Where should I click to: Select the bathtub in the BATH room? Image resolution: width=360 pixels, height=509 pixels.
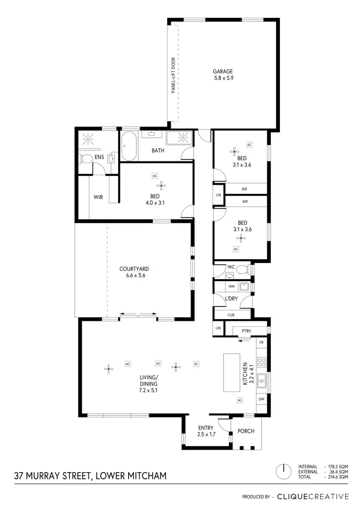pyautogui.click(x=129, y=147)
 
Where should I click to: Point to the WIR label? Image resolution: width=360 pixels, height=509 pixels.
pyautogui.click(x=98, y=197)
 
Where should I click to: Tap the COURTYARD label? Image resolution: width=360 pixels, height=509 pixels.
pyautogui.click(x=132, y=269)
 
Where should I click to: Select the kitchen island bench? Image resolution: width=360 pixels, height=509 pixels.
pyautogui.click(x=231, y=373)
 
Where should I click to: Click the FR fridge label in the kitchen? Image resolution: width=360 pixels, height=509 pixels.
pyautogui.click(x=262, y=343)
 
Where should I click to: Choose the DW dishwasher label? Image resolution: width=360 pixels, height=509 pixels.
pyautogui.click(x=262, y=399)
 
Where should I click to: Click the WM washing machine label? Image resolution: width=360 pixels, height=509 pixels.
pyautogui.click(x=231, y=287)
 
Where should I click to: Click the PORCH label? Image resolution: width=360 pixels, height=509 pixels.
pyautogui.click(x=246, y=431)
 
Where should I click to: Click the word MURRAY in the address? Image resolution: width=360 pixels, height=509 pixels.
pyautogui.click(x=49, y=476)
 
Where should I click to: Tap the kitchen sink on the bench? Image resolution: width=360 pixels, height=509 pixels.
pyautogui.click(x=262, y=380)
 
